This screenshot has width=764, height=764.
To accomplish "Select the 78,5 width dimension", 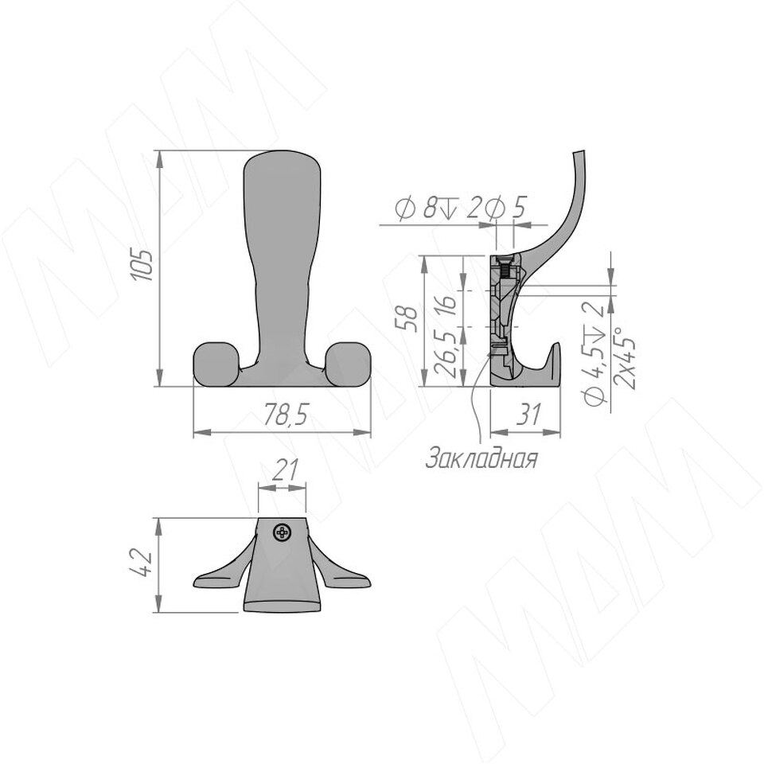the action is point(286,415).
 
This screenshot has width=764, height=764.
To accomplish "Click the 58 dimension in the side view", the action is point(408,318).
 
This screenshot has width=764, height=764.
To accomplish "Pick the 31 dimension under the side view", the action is point(528,415).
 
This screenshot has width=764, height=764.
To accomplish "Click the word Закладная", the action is point(482,458).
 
